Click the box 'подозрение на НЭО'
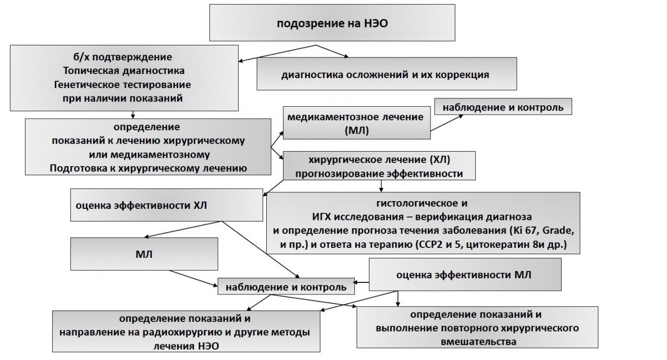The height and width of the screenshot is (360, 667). click(333, 24)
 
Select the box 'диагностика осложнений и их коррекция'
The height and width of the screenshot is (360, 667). click(385, 74)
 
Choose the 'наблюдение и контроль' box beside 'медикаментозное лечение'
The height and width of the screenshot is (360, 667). click(503, 107)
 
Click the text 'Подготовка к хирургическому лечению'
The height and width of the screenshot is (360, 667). click(148, 168)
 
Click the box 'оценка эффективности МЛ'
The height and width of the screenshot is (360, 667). click(464, 276)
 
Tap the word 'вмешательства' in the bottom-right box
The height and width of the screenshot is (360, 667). click(478, 342)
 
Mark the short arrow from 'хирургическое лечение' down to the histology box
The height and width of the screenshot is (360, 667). click(381, 185)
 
